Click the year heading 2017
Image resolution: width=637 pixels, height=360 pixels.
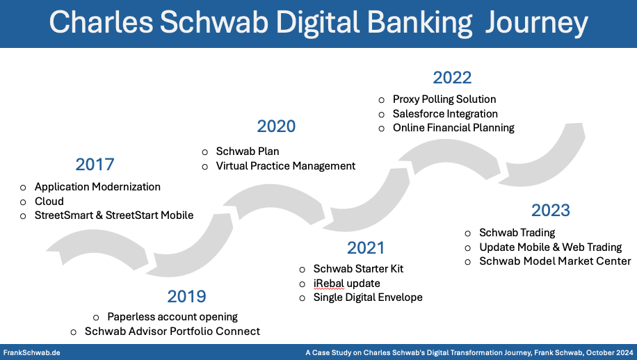click(x=95, y=165)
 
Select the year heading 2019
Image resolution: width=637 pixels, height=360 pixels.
click(x=186, y=297)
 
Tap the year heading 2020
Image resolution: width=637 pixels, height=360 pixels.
click(x=276, y=126)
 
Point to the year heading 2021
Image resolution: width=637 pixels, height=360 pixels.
click(x=366, y=248)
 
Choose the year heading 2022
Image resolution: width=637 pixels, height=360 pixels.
click(x=452, y=78)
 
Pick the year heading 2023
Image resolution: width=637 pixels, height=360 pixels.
click(x=551, y=211)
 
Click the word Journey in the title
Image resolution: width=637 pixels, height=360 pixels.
click(x=537, y=23)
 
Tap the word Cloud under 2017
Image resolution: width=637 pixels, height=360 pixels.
click(x=49, y=202)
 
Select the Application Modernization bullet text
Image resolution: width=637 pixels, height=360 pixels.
click(x=97, y=187)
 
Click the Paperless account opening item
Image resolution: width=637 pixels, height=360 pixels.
click(x=172, y=317)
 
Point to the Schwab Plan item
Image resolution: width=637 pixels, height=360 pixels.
click(x=248, y=152)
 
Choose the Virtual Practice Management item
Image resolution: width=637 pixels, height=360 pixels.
click(x=286, y=166)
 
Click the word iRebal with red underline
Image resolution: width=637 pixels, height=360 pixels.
click(x=329, y=284)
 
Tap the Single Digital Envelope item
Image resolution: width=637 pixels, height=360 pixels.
click(x=368, y=297)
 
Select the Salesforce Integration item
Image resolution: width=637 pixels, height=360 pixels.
click(x=445, y=114)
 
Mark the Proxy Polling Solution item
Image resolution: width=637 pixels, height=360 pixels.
click(x=444, y=99)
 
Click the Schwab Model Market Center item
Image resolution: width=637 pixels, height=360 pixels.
click(x=556, y=261)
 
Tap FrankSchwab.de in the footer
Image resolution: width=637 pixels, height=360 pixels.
click(x=32, y=352)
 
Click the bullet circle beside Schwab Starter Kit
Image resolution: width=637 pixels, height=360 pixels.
click(x=303, y=270)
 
